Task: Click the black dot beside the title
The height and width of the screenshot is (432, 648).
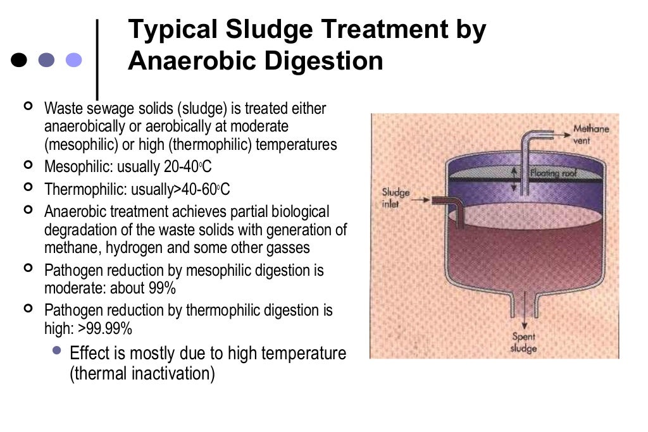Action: (20, 59)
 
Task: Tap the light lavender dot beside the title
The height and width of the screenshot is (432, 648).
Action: (74, 59)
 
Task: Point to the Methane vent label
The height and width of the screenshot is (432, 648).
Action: (590, 134)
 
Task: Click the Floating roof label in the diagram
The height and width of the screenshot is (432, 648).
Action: (552, 171)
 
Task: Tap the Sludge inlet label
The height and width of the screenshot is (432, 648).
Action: (396, 198)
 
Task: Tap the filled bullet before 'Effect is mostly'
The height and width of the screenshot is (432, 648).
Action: (58, 350)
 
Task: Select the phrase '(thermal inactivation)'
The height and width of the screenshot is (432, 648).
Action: (142, 373)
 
